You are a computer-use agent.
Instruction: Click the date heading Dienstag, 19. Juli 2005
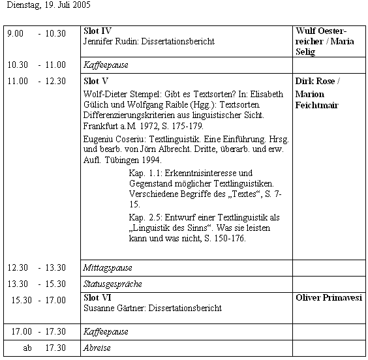click(48, 5)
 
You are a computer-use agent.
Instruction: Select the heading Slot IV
click(97, 31)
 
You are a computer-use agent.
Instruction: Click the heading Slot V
click(96, 81)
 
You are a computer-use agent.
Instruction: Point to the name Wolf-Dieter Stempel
click(122, 94)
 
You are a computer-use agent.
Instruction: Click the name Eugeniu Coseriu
click(114, 139)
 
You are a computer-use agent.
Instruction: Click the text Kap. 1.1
click(145, 173)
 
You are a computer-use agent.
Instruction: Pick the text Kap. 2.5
click(145, 217)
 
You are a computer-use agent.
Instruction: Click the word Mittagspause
click(108, 268)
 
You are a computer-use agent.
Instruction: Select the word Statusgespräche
click(113, 284)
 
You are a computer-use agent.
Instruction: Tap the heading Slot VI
click(97, 297)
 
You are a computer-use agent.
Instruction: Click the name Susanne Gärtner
click(114, 308)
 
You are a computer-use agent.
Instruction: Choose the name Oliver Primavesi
click(329, 297)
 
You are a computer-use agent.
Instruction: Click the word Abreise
click(97, 348)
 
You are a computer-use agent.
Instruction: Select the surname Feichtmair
click(317, 105)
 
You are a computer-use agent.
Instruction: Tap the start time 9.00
click(15, 33)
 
